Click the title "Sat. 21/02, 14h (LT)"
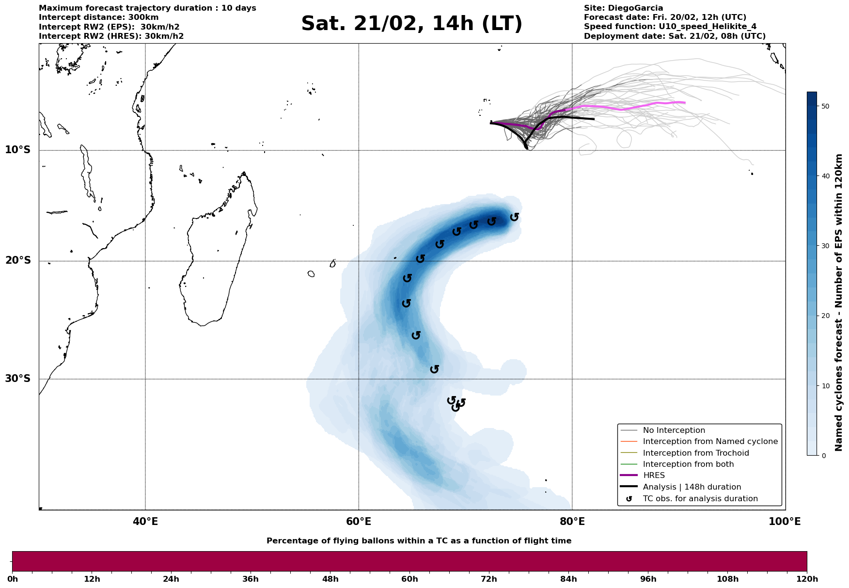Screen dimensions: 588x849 (x=411, y=24)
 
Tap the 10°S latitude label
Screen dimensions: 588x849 (x=18, y=150)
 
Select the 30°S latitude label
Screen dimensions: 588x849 (x=18, y=379)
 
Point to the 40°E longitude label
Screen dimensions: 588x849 (x=145, y=522)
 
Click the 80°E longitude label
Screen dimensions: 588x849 (x=572, y=522)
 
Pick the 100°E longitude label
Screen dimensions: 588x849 (x=785, y=522)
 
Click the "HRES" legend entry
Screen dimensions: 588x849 (x=654, y=476)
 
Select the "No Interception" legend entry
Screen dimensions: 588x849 (x=674, y=430)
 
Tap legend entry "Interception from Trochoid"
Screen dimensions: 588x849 (x=695, y=453)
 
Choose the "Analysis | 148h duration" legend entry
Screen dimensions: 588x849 (x=692, y=487)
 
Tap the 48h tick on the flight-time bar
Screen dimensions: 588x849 (x=330, y=579)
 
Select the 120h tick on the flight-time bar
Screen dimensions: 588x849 (x=806, y=579)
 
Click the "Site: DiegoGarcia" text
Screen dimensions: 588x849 (x=623, y=8)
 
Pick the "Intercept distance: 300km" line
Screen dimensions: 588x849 (x=98, y=17)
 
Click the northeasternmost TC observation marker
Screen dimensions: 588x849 (x=514, y=217)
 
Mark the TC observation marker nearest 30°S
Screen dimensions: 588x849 (x=435, y=369)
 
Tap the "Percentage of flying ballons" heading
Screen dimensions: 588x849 (x=419, y=541)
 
